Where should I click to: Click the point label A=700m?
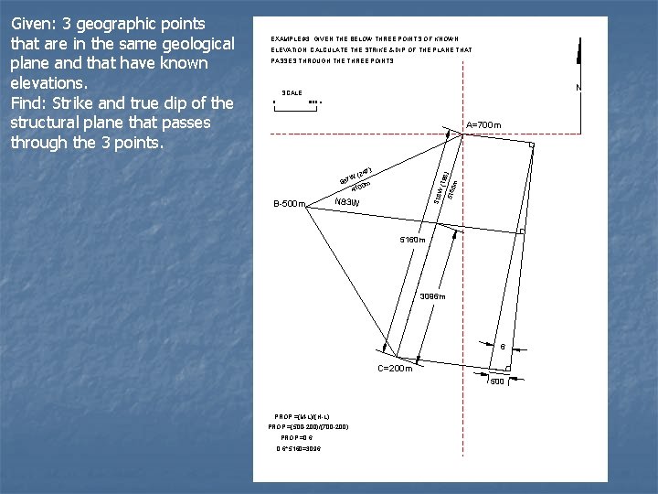(x=483, y=125)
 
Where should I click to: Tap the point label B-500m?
(x=289, y=204)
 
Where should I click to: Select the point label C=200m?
(x=396, y=368)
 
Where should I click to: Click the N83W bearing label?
(x=347, y=202)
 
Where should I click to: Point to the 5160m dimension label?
(x=413, y=240)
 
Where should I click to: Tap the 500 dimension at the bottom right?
(x=497, y=381)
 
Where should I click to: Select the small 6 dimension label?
(x=502, y=347)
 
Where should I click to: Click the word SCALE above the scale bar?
(x=292, y=93)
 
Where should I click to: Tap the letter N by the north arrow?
(x=578, y=88)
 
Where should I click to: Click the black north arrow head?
(x=578, y=50)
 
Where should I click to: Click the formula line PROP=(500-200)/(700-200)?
(x=308, y=426)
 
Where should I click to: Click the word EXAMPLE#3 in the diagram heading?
(x=292, y=38)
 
